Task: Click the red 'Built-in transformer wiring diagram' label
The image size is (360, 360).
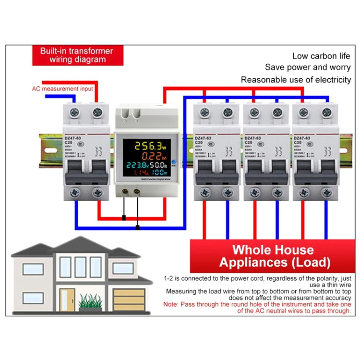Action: point(76,55)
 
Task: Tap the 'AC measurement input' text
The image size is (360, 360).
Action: point(62,88)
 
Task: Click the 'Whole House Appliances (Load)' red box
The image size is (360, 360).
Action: point(274,256)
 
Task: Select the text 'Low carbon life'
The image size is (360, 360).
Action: point(322,56)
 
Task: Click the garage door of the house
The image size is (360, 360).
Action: point(128,300)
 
